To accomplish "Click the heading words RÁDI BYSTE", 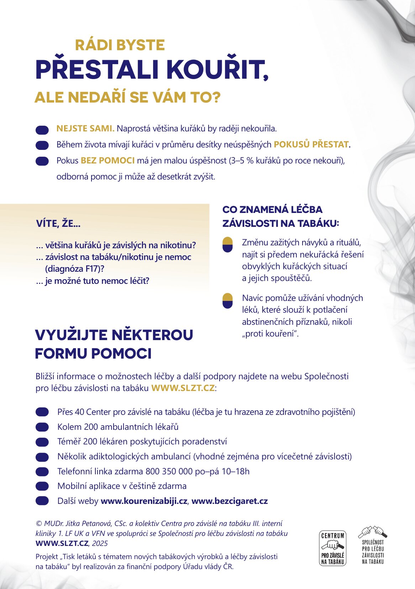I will point(120,45).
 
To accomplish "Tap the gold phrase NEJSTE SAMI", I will point(85,129).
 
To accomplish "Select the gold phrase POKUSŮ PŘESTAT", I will point(311,145).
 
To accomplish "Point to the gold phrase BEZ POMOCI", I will point(107,161).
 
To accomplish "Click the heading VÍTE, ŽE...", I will point(58,224).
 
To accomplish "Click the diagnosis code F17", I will point(91,269).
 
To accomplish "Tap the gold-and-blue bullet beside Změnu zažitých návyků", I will point(227,245).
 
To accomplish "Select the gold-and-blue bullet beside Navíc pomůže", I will point(227,301).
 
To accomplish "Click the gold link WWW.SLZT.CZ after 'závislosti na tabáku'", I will point(183,388).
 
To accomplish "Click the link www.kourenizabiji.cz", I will point(144,501).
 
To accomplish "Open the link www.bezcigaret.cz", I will point(230,501).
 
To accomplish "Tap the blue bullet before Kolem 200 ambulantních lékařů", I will point(42,427).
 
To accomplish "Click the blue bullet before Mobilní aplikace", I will point(42,486).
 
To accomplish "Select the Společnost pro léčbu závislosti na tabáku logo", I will point(373,545).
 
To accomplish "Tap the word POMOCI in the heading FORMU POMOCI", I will point(121,354).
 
